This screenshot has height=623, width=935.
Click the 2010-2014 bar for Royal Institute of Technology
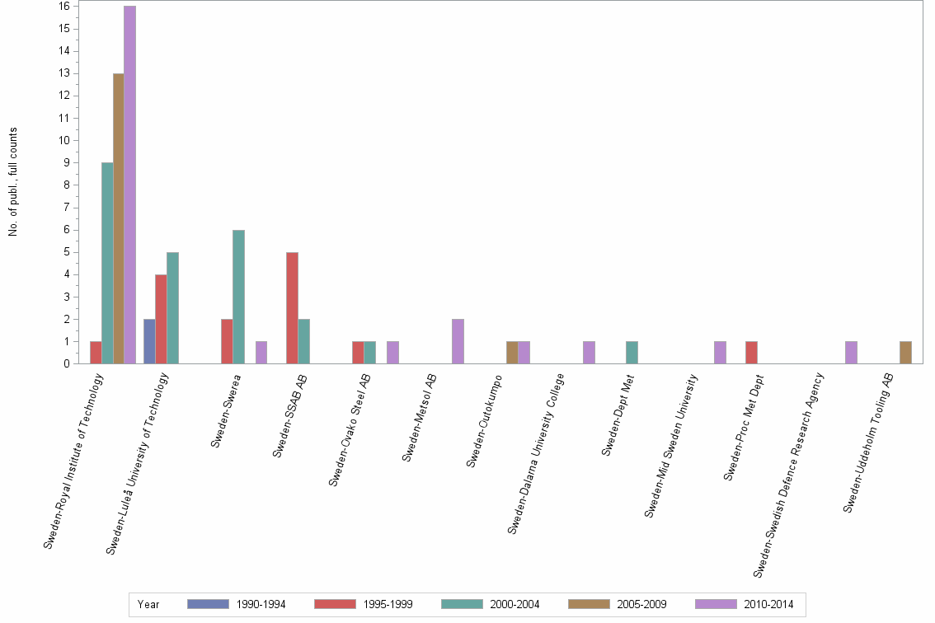[x=129, y=185]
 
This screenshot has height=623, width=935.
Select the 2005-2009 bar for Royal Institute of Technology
[x=118, y=218]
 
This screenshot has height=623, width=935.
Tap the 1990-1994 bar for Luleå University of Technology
[x=149, y=341]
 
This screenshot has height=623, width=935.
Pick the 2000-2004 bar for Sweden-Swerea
[x=238, y=297]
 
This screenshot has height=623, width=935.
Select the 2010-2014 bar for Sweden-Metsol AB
[x=458, y=341]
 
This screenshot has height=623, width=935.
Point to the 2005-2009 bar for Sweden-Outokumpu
[x=512, y=353]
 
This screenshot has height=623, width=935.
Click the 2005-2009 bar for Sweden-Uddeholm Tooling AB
[x=905, y=353]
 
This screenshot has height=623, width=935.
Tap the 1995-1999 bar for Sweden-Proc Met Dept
[x=751, y=353]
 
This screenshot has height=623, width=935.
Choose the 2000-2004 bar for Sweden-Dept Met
[x=632, y=353]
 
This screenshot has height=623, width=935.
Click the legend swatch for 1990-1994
[x=208, y=604]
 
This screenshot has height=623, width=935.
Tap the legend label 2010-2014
[x=769, y=604]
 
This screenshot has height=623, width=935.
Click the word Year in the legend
[x=149, y=604]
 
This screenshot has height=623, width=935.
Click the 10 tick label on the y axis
[x=63, y=140]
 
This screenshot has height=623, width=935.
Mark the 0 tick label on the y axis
[x=65, y=363]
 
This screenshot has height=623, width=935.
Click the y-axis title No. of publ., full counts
[x=13, y=182]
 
